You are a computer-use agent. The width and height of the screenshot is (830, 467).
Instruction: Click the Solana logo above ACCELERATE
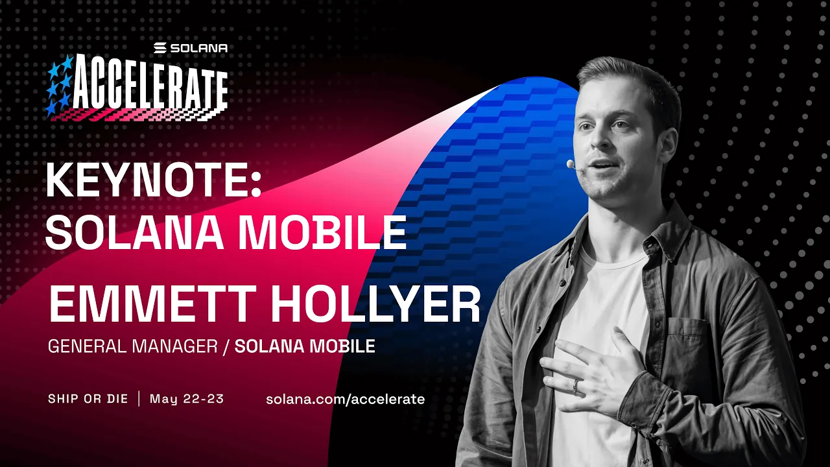191,48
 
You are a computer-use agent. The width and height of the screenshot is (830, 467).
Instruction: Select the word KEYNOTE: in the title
153,181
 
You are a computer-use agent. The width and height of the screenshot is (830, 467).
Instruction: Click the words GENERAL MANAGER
132,346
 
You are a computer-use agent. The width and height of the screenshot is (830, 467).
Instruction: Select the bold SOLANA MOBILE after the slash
305,346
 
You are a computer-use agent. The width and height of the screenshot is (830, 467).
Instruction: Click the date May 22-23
187,398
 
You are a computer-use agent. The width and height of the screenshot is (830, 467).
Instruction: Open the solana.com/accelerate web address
345,399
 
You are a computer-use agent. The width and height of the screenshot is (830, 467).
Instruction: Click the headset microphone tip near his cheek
571,165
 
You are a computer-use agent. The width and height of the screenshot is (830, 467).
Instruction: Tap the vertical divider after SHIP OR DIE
139,398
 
